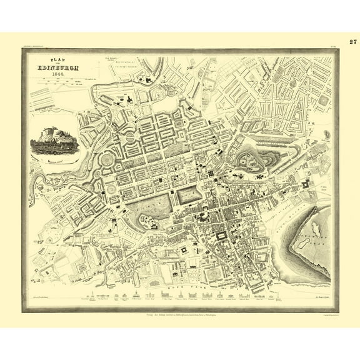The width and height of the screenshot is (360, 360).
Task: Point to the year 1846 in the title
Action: pos(61,74)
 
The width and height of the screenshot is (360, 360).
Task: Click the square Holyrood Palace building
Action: pos(306,186)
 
